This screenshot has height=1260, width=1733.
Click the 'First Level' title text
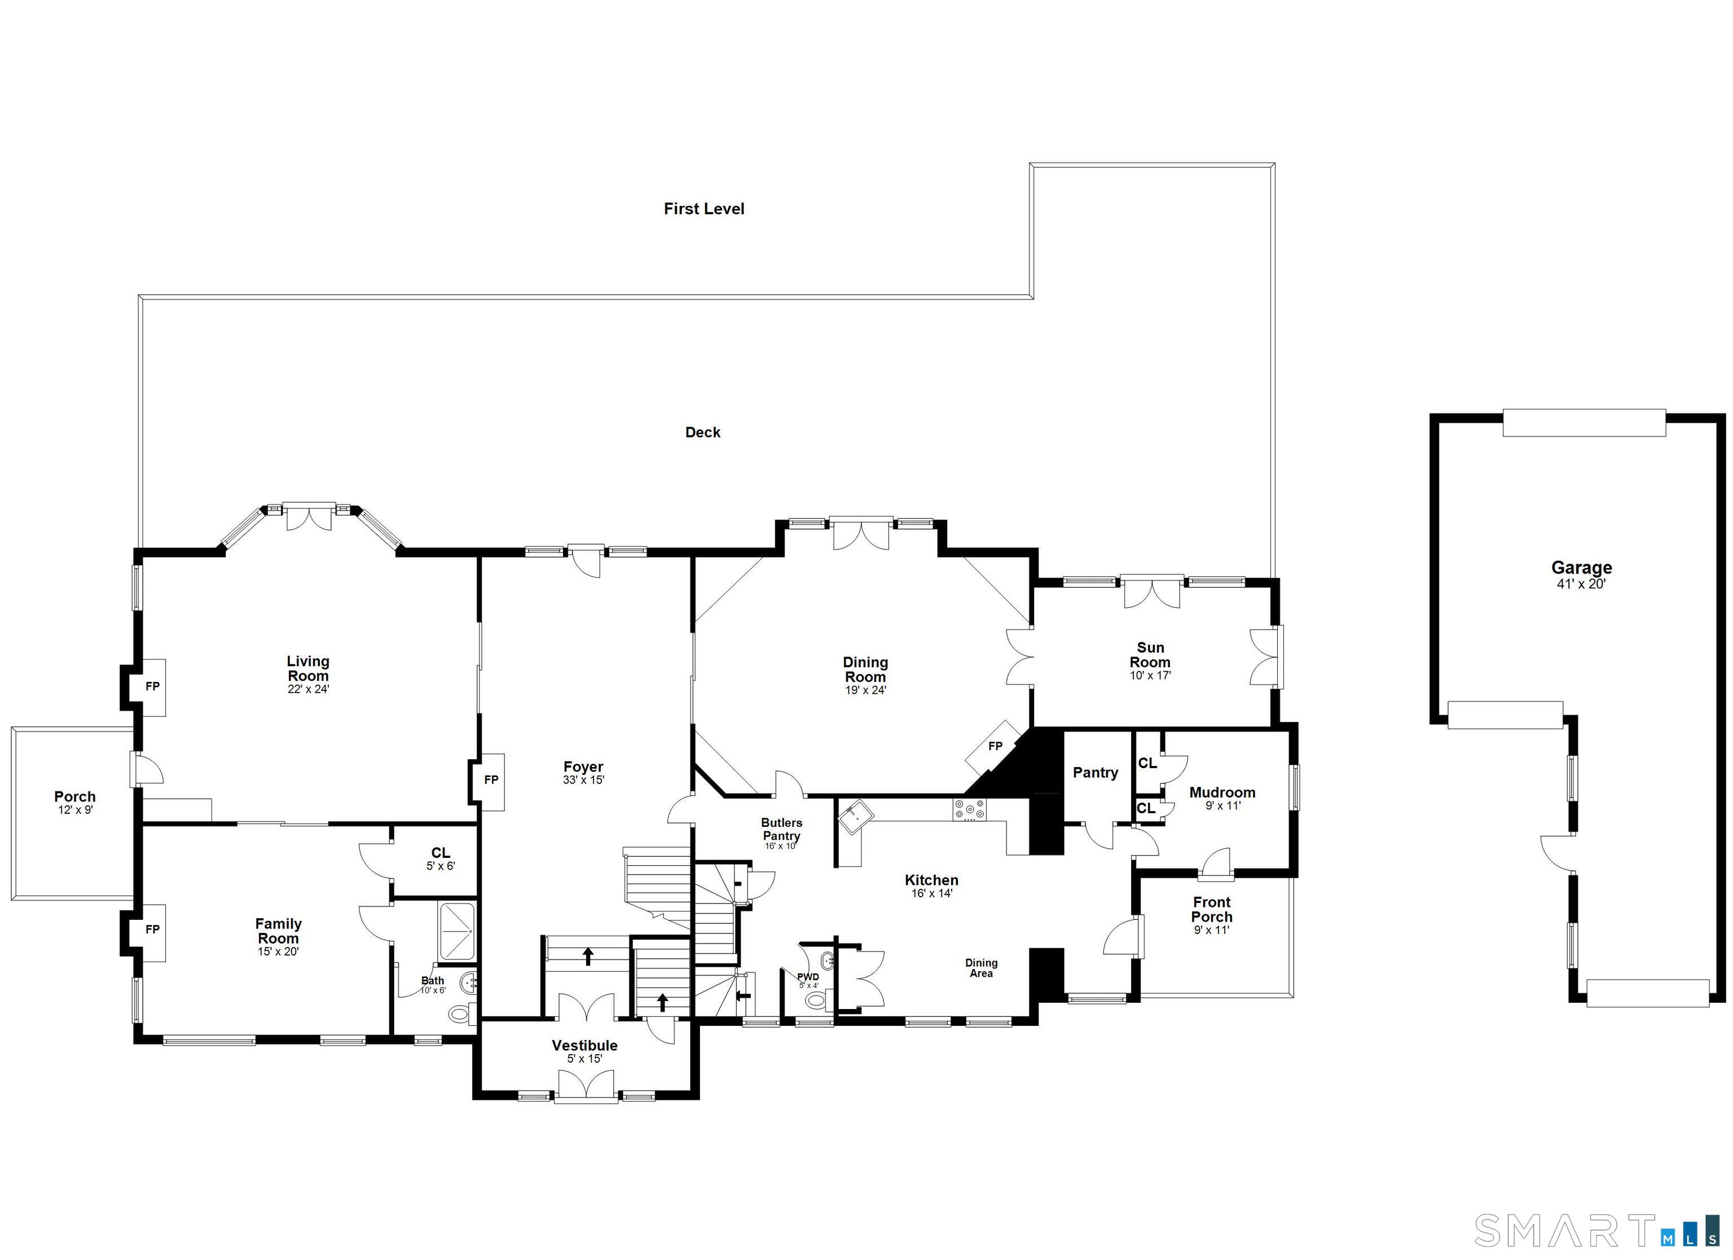point(703,209)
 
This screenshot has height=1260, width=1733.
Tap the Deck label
point(702,433)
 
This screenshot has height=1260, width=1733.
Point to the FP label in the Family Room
point(152,929)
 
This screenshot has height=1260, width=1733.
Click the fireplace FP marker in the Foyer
point(491,779)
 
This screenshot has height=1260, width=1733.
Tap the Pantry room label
point(1095,773)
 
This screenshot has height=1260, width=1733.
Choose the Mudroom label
point(1222,792)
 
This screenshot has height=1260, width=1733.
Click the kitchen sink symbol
point(855,816)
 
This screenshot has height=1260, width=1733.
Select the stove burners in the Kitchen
point(970,809)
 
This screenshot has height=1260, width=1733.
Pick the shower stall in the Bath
point(457,931)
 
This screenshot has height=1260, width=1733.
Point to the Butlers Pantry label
point(781,829)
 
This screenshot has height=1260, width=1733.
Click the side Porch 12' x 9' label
point(75,801)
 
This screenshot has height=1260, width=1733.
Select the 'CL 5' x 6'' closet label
point(440,858)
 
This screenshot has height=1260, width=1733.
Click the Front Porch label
point(1211,909)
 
